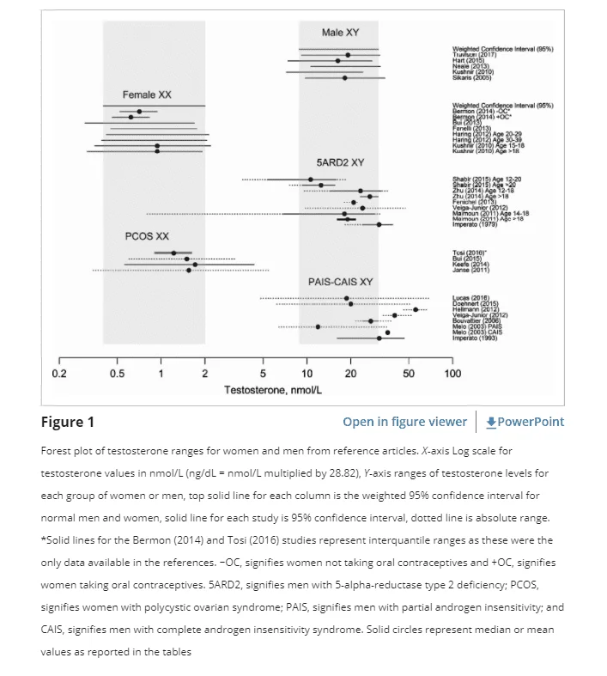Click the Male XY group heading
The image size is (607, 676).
(x=340, y=33)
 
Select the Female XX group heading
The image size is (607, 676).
(x=147, y=94)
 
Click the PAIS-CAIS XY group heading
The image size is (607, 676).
(x=341, y=282)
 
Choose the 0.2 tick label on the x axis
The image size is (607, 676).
(x=59, y=374)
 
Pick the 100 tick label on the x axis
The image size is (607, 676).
(x=452, y=374)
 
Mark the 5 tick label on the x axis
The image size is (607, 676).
(x=263, y=374)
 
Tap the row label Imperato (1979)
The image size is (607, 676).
(x=475, y=225)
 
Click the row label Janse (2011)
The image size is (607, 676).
(x=470, y=271)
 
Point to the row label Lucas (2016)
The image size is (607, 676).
(x=471, y=298)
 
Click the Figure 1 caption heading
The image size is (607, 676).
(x=68, y=422)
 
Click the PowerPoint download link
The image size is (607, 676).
(x=525, y=422)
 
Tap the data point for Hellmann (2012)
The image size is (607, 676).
(x=416, y=309)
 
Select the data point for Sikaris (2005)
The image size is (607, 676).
(x=344, y=78)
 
